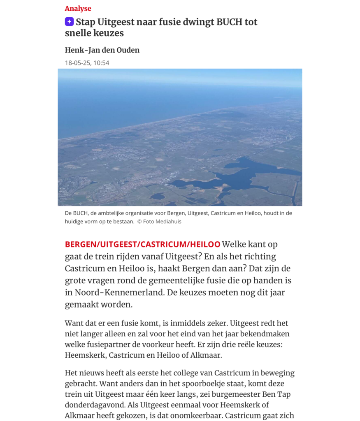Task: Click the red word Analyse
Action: tap(78, 9)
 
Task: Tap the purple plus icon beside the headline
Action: tap(69, 22)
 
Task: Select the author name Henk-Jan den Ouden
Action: tap(102, 50)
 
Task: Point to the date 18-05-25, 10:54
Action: tap(87, 63)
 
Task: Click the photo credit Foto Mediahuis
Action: tap(162, 222)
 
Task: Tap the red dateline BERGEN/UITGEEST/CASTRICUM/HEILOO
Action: tap(142, 244)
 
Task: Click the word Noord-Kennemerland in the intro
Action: tap(113, 293)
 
